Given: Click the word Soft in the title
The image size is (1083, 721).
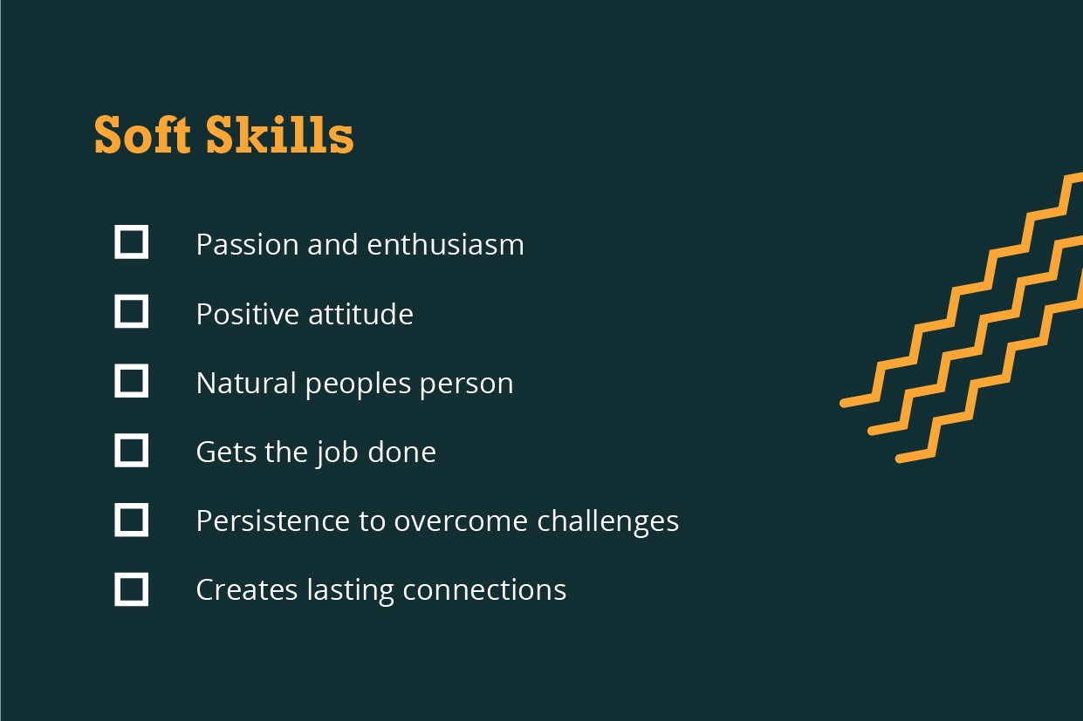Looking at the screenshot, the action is tap(142, 135).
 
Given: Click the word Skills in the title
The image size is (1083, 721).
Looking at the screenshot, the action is tap(280, 135).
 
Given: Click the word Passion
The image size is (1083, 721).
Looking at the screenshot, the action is tap(247, 244).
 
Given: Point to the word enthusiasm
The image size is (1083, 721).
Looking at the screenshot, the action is tap(445, 244).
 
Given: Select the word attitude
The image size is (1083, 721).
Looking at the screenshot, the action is tap(360, 314).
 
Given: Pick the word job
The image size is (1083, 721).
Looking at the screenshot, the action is tap(338, 453).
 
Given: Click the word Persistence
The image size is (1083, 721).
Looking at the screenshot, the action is tap(273, 521).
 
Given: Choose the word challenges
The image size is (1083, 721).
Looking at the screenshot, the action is tap(607, 522).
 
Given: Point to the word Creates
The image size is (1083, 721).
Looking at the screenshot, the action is tap(247, 590).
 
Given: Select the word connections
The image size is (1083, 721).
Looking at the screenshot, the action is tap(484, 590).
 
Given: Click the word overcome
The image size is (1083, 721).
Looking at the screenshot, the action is tap(461, 523).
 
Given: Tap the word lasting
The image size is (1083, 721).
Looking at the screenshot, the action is tap(350, 592).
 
